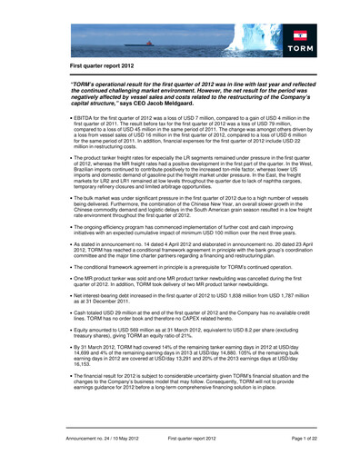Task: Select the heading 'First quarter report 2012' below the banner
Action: point(106,68)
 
